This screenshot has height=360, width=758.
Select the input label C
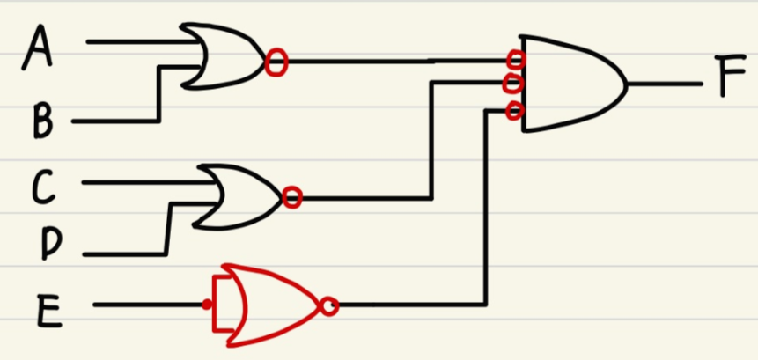tap(43, 187)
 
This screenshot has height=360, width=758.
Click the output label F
tap(732, 78)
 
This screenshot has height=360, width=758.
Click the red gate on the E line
tap(264, 305)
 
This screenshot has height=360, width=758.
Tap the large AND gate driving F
tap(568, 84)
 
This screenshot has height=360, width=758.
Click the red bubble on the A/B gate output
tap(276, 62)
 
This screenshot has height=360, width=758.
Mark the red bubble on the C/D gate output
tap(293, 198)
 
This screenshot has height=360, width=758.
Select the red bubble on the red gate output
tap(329, 305)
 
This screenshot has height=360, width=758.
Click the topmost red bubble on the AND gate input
tap(516, 60)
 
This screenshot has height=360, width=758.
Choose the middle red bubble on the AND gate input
tap(514, 84)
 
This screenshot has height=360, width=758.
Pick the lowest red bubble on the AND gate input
tap(515, 111)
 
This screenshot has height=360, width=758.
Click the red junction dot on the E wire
tap(206, 305)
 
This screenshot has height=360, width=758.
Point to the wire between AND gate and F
tap(665, 85)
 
